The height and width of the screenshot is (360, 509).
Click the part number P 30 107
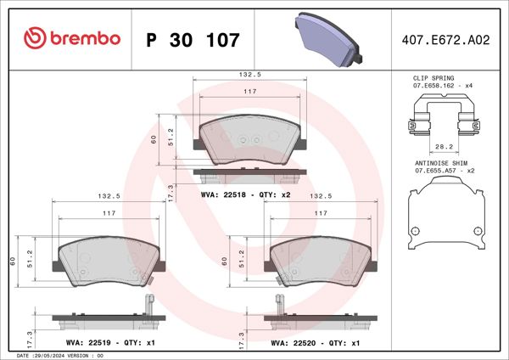click(193, 39)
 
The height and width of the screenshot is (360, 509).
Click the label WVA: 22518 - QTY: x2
click(245, 194)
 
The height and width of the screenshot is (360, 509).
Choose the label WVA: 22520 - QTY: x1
click(316, 343)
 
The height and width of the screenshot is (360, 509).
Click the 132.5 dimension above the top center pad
click(249, 75)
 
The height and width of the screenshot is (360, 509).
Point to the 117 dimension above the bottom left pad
click(108, 214)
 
